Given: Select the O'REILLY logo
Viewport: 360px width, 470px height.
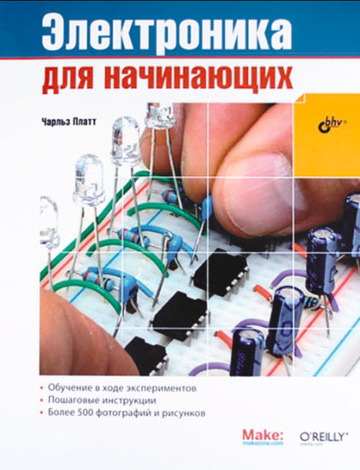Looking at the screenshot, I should pyautogui.click(x=323, y=435).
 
